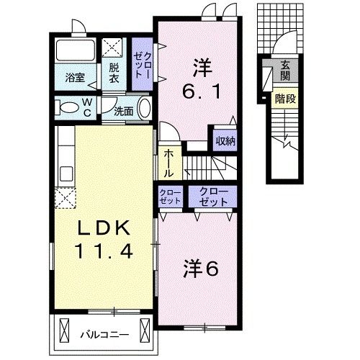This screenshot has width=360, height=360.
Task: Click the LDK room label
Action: [105, 230]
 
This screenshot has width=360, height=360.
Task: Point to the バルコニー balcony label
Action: [104, 334]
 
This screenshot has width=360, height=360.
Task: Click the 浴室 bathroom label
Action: [75, 77]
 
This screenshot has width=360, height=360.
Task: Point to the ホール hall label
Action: [168, 163]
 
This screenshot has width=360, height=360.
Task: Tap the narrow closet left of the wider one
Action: [170, 197]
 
